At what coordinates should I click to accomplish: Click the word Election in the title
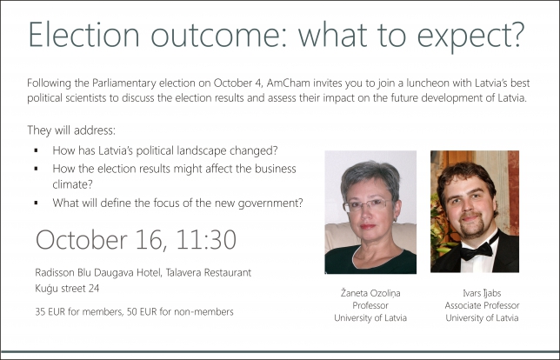[x=83, y=34]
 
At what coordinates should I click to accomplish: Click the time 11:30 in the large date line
[x=206, y=239]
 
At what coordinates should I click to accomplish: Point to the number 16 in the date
[x=150, y=239]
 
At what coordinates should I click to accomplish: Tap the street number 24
[x=93, y=288]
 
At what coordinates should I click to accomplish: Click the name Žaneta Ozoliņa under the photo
[x=370, y=293]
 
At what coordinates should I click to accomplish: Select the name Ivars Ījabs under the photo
[x=482, y=293]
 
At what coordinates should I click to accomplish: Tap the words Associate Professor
[x=482, y=305]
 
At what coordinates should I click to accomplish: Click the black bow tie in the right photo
[x=477, y=250]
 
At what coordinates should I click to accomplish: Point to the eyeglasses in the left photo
[x=367, y=205]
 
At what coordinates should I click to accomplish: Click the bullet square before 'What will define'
[x=36, y=203]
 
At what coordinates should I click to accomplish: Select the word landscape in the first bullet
[x=199, y=151]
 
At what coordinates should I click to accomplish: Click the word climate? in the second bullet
[x=72, y=184]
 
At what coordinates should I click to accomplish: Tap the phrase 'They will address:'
[x=71, y=130]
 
